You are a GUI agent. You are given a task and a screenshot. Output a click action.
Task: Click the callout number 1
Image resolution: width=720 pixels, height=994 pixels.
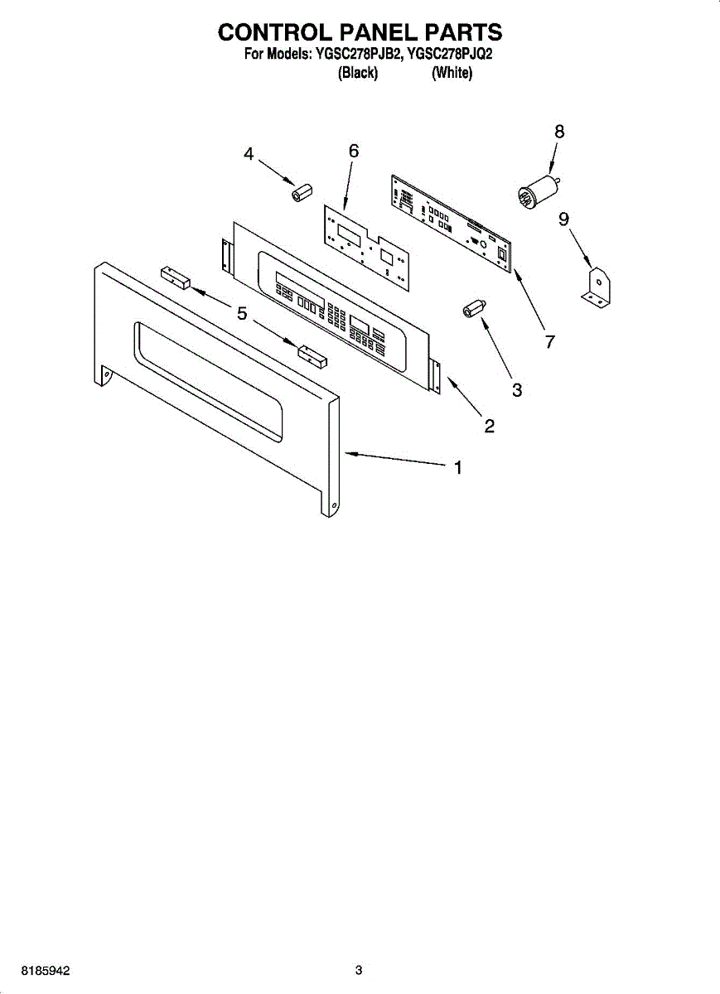point(457,468)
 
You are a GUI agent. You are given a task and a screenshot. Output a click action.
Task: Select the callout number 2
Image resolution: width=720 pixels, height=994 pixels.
point(490,427)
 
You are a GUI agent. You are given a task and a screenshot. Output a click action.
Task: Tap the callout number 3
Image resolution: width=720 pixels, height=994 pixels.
point(517,390)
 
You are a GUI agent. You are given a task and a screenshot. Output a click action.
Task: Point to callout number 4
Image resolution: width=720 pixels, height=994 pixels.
point(249,154)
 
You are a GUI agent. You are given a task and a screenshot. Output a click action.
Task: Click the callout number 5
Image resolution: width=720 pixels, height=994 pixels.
point(242,313)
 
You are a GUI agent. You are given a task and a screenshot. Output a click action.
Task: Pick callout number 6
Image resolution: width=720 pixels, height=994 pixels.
point(354,151)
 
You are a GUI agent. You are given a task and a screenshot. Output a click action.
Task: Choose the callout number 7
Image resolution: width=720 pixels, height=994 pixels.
point(548,340)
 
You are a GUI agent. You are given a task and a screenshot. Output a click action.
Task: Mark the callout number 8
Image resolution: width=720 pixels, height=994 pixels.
point(559,131)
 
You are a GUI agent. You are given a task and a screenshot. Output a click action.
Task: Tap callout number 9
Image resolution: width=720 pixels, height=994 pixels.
point(563,219)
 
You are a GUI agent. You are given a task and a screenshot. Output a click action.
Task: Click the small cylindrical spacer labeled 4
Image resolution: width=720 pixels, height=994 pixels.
point(299,192)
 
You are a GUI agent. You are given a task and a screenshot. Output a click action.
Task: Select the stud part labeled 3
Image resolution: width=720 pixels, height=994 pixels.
point(473,307)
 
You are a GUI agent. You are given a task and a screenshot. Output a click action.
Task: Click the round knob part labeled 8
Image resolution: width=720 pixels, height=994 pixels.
point(534,190)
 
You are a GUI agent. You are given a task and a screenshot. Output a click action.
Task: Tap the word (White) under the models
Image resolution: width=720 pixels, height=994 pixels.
point(452,74)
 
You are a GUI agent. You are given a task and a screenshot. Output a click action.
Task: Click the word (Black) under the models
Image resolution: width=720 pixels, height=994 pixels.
point(359,74)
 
